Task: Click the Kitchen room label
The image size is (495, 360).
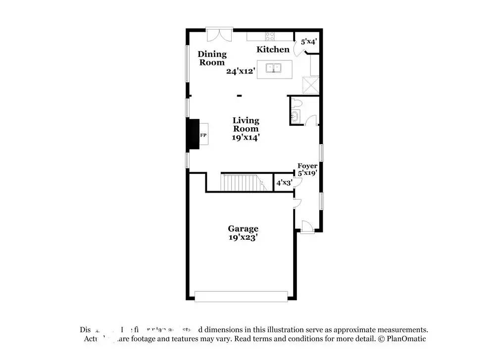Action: click(x=273, y=50)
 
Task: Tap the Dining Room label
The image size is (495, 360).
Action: click(x=212, y=58)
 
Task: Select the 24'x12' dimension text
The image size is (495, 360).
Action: click(x=241, y=71)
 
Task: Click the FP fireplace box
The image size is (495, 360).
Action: click(x=203, y=135)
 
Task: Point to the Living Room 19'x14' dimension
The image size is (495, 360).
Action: click(x=246, y=138)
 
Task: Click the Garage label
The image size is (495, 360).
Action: click(x=243, y=229)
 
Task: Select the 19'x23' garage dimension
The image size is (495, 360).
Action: click(x=243, y=237)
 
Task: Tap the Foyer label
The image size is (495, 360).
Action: click(x=307, y=166)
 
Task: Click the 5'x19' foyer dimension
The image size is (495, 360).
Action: click(x=307, y=173)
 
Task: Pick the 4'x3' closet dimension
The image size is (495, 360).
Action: click(x=284, y=183)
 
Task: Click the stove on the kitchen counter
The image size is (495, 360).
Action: click(x=270, y=36)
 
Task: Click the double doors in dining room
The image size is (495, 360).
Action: click(x=219, y=35)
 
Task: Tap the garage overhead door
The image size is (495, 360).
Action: click(x=241, y=296)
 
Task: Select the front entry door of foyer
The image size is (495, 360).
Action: click(x=307, y=227)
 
